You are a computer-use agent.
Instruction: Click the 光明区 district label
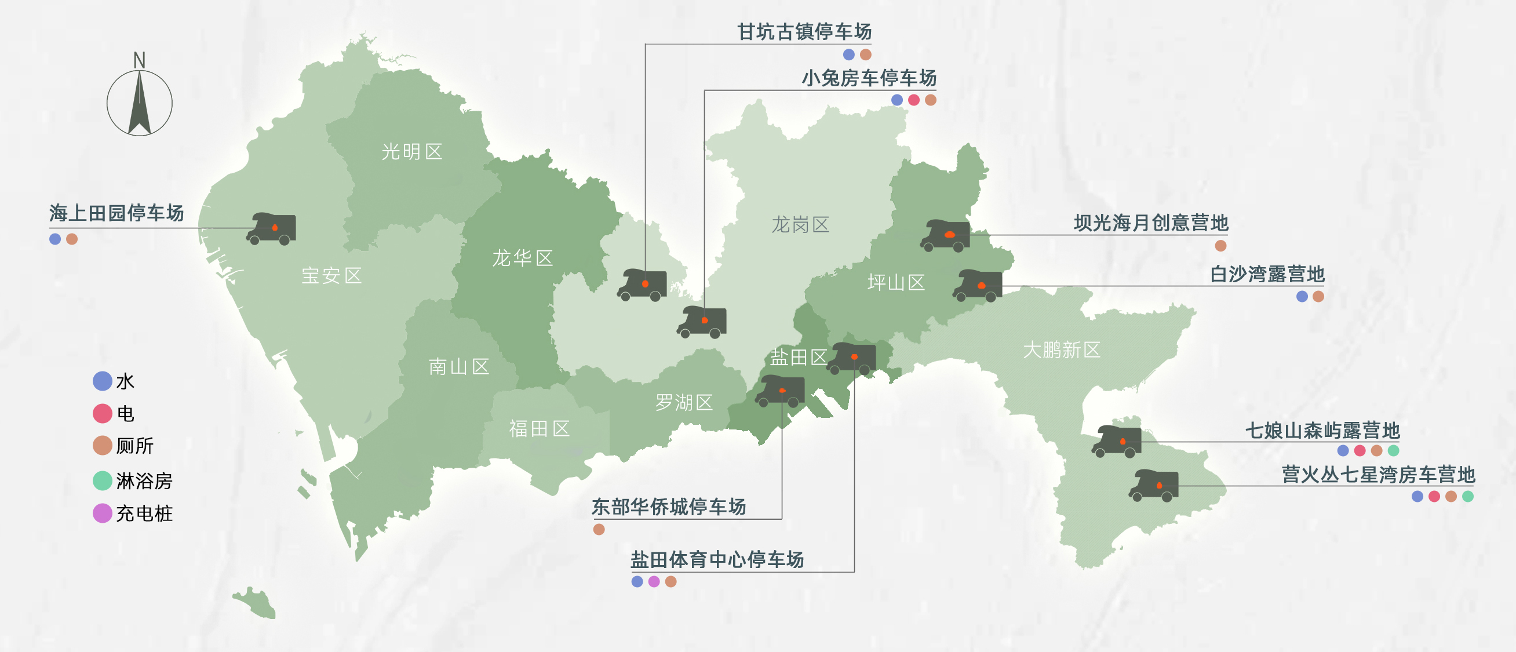point(411,152)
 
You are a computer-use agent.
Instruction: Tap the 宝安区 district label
point(331,275)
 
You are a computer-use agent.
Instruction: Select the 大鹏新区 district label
point(1061,350)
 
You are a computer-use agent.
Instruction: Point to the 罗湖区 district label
point(684,402)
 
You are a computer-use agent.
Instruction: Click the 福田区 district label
point(539,428)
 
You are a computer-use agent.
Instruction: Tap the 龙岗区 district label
point(800,224)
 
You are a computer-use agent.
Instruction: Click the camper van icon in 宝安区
point(272,229)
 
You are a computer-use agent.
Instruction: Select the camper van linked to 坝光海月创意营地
point(946,235)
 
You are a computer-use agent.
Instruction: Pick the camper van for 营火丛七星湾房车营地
point(1154,486)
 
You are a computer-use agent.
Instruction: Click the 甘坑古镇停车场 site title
point(804,31)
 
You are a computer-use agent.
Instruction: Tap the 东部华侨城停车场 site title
point(669,506)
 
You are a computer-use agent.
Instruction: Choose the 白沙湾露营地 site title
point(1266,274)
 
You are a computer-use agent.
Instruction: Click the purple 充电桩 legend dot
point(103,513)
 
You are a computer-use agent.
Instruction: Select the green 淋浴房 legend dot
point(103,481)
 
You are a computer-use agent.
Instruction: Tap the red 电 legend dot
point(103,413)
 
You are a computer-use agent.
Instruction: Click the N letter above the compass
point(139,60)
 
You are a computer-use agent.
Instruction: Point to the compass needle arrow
point(140,103)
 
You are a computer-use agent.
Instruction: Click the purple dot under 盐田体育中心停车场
point(654,581)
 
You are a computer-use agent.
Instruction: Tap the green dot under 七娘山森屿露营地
point(1393,451)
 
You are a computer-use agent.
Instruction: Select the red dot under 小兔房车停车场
point(913,100)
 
